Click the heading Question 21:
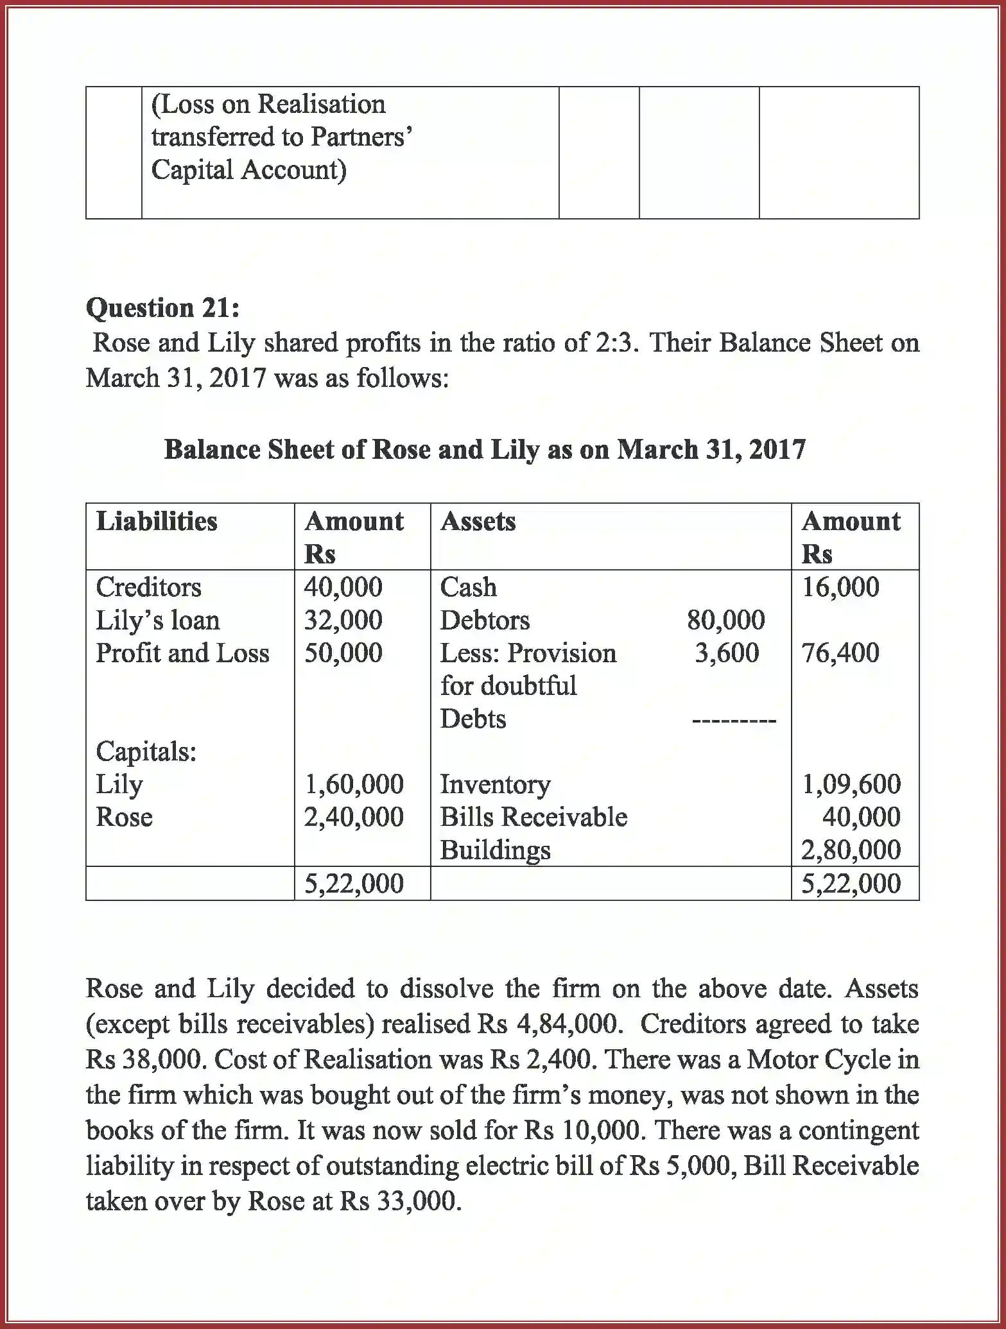[163, 308]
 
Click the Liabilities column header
[157, 520]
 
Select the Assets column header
[478, 520]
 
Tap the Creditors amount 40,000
[343, 587]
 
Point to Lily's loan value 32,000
[343, 620]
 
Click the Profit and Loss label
[182, 653]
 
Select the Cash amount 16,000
[840, 587]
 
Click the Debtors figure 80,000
[725, 620]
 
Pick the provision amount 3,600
[727, 653]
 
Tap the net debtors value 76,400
[840, 653]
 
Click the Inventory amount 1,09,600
[851, 784]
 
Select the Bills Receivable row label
[533, 817]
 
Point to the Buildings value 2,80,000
[851, 850]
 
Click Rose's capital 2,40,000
[354, 817]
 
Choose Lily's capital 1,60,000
[354, 784]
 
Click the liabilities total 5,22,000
[354, 884]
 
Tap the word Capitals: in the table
[146, 751]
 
